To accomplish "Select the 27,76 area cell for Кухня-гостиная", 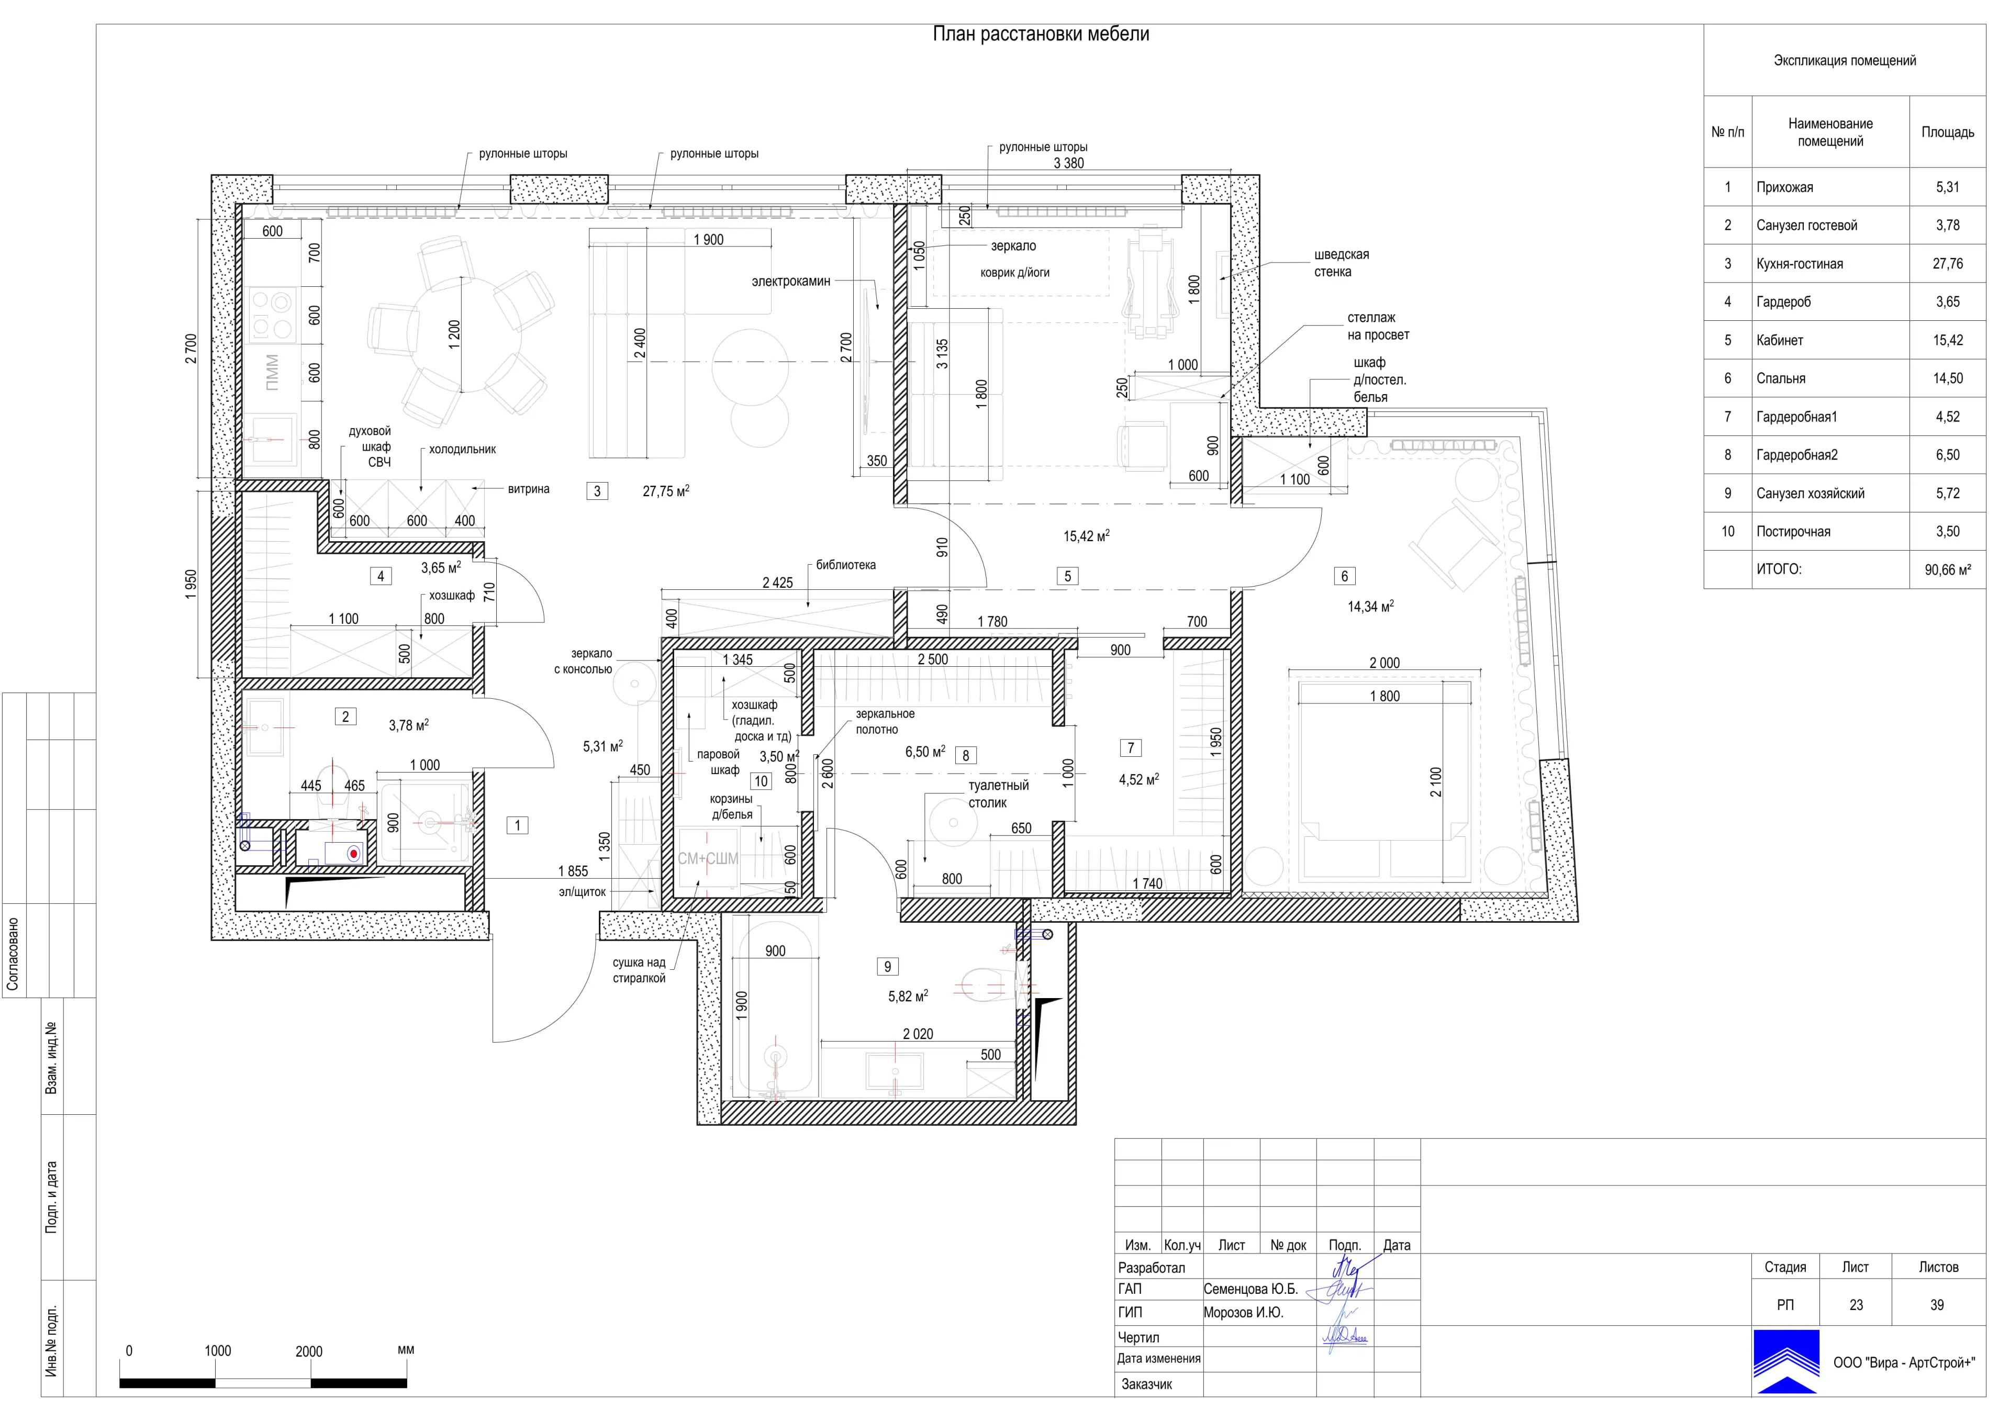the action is pos(1947,264).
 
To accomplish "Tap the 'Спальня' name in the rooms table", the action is pos(1781,378).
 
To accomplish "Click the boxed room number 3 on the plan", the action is pos(597,491).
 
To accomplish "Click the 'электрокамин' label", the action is pos(790,281).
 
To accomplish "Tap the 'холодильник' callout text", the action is pos(462,449).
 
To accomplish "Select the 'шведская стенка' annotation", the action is pos(1341,263).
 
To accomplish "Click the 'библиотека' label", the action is pos(846,565).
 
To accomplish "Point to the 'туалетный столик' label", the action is pos(998,794).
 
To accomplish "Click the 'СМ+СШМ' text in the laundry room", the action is pos(707,859).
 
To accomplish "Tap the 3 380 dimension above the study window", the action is pos(1068,163).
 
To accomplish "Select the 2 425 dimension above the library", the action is pos(777,582).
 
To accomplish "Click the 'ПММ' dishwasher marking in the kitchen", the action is pos(272,372).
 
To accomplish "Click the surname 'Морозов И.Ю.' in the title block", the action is pos(1243,1313).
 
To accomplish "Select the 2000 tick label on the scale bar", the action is pos(309,1351).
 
